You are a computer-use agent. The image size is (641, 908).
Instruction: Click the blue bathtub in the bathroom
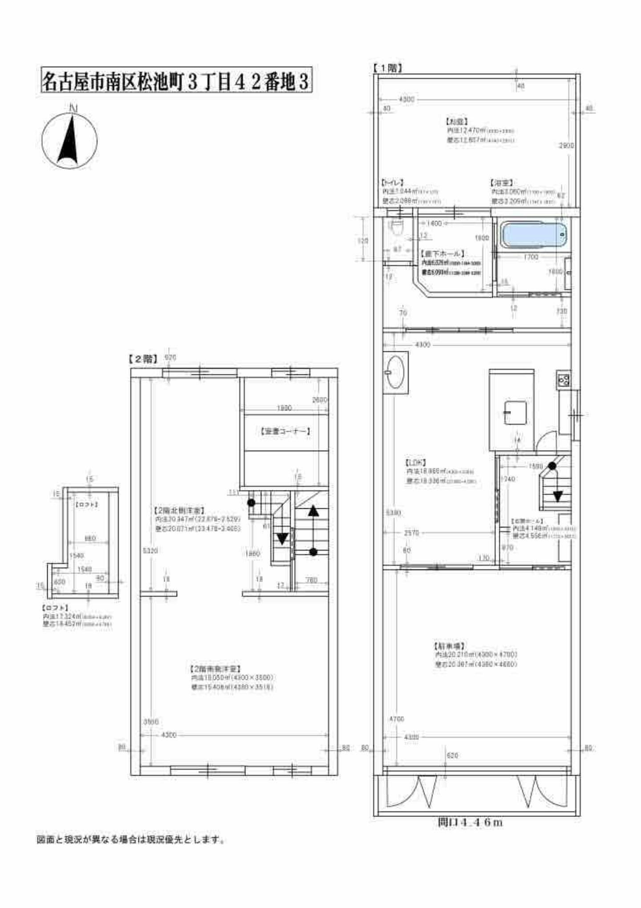pyautogui.click(x=534, y=235)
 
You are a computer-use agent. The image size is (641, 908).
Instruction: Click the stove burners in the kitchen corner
pyautogui.click(x=563, y=380)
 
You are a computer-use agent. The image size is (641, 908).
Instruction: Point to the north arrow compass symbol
pyautogui.click(x=69, y=140)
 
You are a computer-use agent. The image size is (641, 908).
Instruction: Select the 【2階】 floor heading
pyautogui.click(x=143, y=359)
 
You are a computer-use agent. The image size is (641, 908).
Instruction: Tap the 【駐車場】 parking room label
pyautogui.click(x=449, y=645)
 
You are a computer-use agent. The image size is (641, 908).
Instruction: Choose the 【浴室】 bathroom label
pyautogui.click(x=501, y=183)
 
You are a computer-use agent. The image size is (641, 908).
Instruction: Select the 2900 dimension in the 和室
pyautogui.click(x=566, y=146)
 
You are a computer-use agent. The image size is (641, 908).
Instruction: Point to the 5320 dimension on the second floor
pyautogui.click(x=150, y=551)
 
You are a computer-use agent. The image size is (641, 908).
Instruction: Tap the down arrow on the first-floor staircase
pyautogui.click(x=558, y=495)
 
